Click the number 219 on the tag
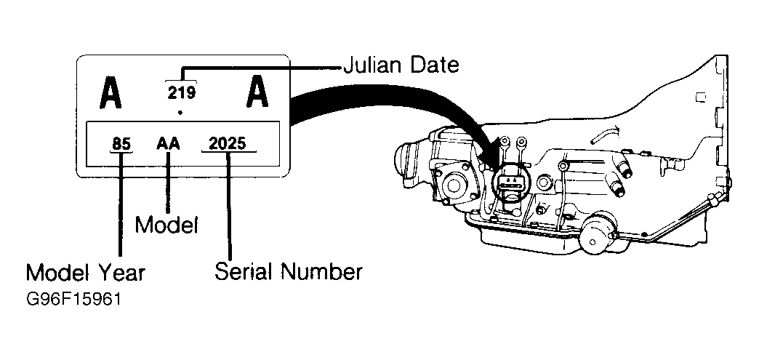click(x=182, y=92)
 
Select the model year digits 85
click(x=121, y=144)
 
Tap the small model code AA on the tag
click(x=168, y=144)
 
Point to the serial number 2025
click(x=228, y=143)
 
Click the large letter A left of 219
click(x=110, y=93)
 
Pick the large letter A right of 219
click(x=257, y=92)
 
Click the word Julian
click(x=373, y=65)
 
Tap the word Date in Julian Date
click(x=434, y=65)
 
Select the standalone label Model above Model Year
click(x=166, y=225)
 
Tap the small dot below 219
click(x=180, y=113)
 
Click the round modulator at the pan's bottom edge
click(x=598, y=233)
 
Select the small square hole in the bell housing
click(x=700, y=97)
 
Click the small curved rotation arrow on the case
click(x=605, y=134)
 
